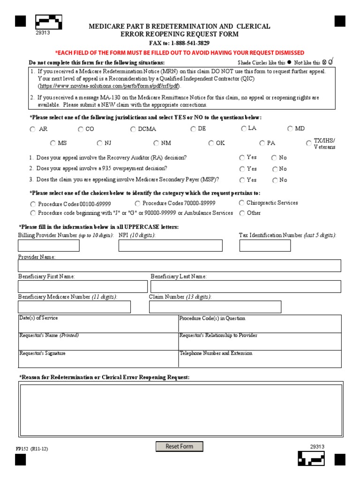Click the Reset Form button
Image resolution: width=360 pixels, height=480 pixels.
pyautogui.click(x=180, y=446)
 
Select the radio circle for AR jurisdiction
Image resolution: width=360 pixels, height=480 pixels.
pyautogui.click(x=32, y=129)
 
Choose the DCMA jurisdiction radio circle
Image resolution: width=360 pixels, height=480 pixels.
pyautogui.click(x=134, y=129)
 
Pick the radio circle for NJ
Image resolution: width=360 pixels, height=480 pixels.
pyautogui.click(x=100, y=143)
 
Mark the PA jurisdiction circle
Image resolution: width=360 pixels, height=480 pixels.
pyautogui.click(x=262, y=143)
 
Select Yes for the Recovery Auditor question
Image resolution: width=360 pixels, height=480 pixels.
pyautogui.click(x=242, y=158)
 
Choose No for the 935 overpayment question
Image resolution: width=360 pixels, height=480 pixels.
pyautogui.click(x=274, y=169)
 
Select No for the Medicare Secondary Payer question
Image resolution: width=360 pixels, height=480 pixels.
pyautogui.click(x=274, y=180)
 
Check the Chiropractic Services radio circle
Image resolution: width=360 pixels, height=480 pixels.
pyautogui.click(x=242, y=203)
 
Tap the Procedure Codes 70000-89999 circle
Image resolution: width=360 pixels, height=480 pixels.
pyautogui.click(x=137, y=203)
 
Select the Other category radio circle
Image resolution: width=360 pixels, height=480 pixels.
pyautogui.click(x=242, y=213)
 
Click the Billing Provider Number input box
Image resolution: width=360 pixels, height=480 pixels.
pyautogui.click(x=49, y=246)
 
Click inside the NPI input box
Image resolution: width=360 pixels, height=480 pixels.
pyautogui.click(x=171, y=246)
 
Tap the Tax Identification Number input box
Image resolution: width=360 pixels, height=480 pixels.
pyautogui.click(x=265, y=246)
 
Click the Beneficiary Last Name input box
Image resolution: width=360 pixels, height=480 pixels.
pyautogui.click(x=246, y=286)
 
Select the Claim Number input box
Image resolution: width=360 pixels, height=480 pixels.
pyautogui.click(x=215, y=307)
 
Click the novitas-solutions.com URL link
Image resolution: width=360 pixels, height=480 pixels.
pyautogui.click(x=109, y=87)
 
